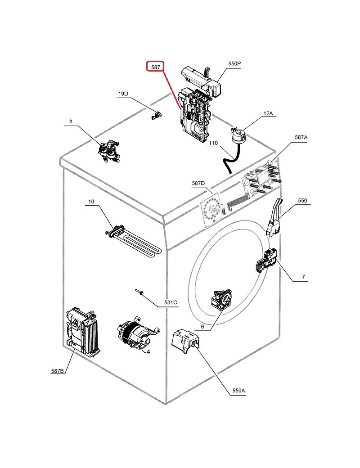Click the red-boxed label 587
click(156, 67)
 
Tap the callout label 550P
click(234, 63)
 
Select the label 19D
click(123, 94)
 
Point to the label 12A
click(268, 113)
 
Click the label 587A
click(301, 137)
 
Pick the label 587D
click(198, 183)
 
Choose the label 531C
click(171, 302)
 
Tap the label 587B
click(58, 371)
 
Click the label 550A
click(238, 391)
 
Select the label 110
click(213, 143)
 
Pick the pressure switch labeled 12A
click(238, 135)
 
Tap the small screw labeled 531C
click(139, 292)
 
